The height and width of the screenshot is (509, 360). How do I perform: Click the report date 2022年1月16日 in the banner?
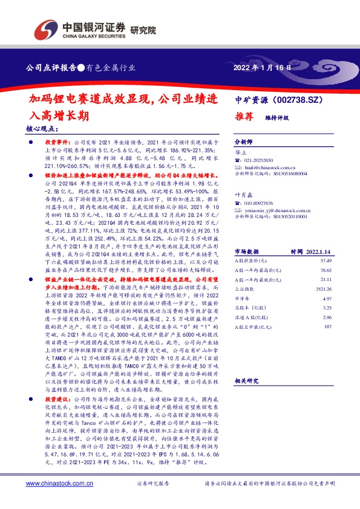262,68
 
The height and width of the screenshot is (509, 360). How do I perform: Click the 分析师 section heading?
244,138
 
